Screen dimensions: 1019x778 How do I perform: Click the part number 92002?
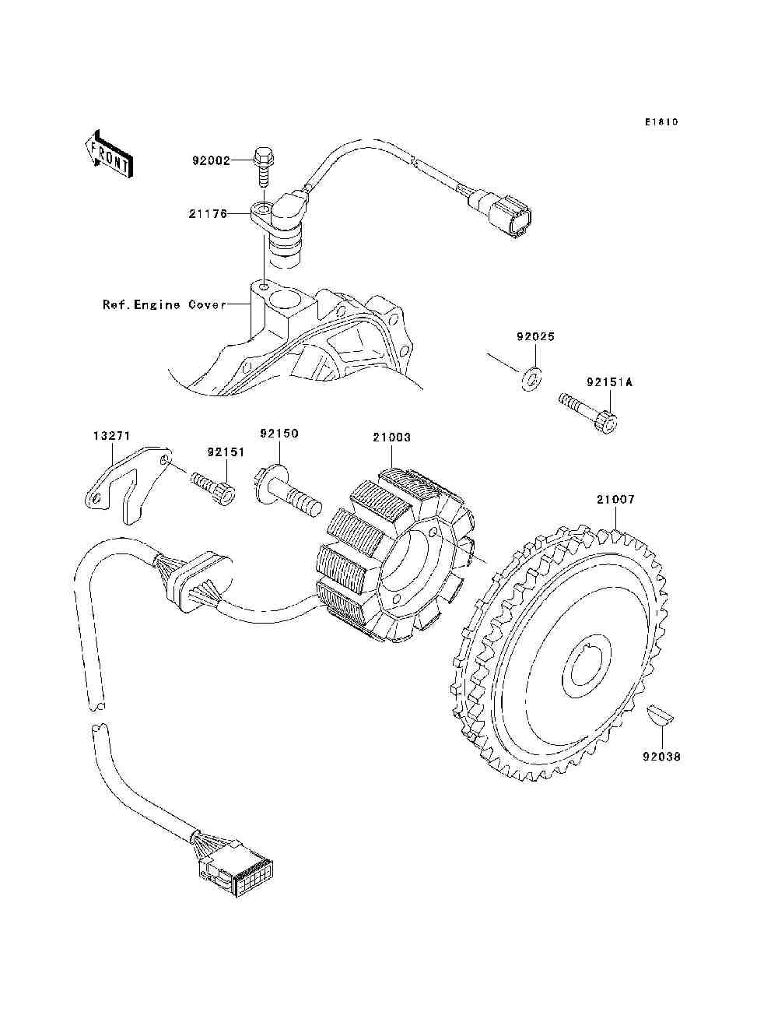click(211, 161)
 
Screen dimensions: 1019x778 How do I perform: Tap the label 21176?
click(207, 213)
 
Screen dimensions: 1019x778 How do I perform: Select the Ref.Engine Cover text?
click(165, 304)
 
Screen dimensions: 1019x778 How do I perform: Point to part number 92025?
click(536, 338)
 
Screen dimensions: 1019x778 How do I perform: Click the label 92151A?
click(609, 383)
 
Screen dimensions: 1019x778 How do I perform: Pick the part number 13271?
click(105, 437)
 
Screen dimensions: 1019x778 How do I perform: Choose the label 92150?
click(279, 433)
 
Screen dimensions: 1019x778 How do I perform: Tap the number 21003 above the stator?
click(391, 437)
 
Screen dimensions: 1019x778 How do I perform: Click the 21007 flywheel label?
click(615, 500)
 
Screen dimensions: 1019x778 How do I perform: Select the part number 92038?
click(661, 755)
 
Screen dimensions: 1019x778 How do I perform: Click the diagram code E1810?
click(661, 122)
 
